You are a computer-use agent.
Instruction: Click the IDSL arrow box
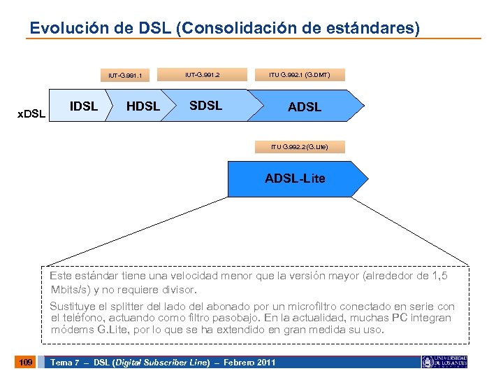(84, 106)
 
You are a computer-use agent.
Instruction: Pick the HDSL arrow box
(143, 106)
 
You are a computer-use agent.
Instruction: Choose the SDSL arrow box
(205, 106)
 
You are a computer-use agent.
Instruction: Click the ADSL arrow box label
(305, 107)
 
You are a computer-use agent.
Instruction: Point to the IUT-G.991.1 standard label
(126, 75)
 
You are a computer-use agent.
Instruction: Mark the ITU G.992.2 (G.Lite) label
(299, 146)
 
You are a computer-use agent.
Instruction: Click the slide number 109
(26, 362)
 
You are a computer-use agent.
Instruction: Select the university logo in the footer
(444, 362)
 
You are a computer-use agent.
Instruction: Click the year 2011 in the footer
(265, 362)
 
